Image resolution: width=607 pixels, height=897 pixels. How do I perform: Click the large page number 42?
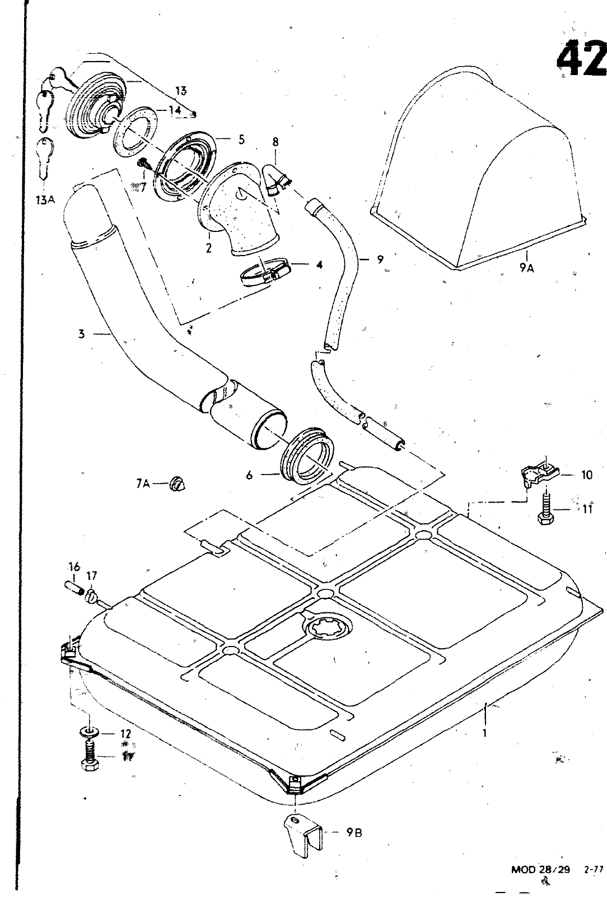pyautogui.click(x=582, y=58)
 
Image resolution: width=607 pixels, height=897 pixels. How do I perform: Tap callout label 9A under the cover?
pyautogui.click(x=527, y=269)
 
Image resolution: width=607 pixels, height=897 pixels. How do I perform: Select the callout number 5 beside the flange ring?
pyautogui.click(x=241, y=139)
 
